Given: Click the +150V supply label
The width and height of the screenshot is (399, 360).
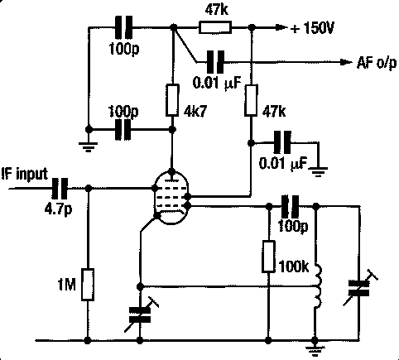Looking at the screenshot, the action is click(x=312, y=28).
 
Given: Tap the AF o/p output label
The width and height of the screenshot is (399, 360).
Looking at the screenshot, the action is click(x=377, y=63).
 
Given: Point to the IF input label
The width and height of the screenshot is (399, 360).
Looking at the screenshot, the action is click(x=25, y=175).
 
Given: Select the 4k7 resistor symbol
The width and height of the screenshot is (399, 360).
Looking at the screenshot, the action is click(x=172, y=100).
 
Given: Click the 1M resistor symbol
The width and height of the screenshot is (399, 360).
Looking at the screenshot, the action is click(x=88, y=285).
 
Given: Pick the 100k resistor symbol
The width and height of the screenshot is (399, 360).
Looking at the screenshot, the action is click(x=268, y=257).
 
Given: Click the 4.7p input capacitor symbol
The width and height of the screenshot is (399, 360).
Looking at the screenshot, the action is click(x=60, y=189).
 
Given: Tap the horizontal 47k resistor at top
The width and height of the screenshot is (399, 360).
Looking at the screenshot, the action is click(x=215, y=27).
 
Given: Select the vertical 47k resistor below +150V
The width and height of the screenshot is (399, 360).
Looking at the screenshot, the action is click(x=251, y=100).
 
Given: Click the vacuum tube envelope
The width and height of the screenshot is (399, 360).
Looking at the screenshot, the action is click(x=171, y=198).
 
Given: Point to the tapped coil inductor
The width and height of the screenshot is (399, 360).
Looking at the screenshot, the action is click(x=319, y=286).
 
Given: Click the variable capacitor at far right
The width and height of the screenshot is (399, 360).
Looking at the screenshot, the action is click(x=359, y=288).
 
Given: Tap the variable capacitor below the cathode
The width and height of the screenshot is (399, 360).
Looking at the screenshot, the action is click(x=140, y=315).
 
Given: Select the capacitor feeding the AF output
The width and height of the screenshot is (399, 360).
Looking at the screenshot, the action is click(x=215, y=62).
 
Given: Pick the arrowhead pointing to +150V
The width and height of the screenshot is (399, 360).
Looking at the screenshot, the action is click(x=281, y=27).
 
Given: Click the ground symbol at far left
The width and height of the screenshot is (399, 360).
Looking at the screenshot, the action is click(x=88, y=146).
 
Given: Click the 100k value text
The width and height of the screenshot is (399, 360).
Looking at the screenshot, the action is click(x=294, y=266).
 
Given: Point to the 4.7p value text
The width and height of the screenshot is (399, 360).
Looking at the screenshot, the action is click(x=58, y=209).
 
